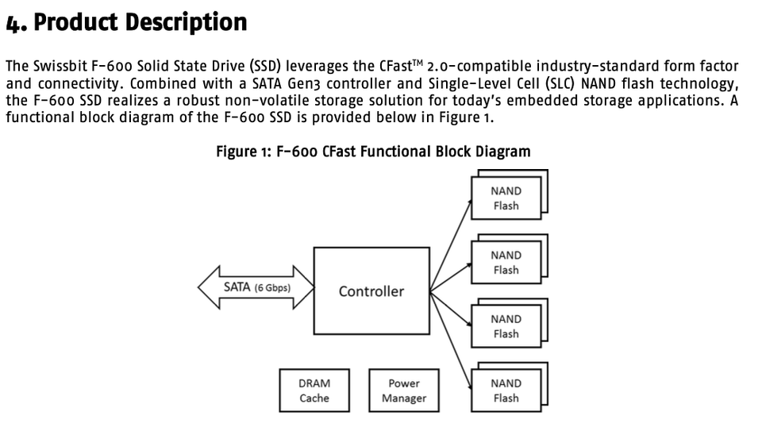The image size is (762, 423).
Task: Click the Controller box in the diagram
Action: (x=371, y=290)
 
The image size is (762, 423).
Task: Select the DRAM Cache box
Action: (x=314, y=390)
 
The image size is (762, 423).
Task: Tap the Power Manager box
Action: (x=403, y=390)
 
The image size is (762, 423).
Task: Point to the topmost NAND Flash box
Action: (x=506, y=198)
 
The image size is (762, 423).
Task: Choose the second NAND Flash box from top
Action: (x=506, y=263)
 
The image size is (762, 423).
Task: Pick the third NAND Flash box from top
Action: (x=506, y=326)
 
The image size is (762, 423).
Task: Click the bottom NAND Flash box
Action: (x=506, y=390)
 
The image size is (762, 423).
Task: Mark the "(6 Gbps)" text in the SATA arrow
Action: (x=272, y=287)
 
